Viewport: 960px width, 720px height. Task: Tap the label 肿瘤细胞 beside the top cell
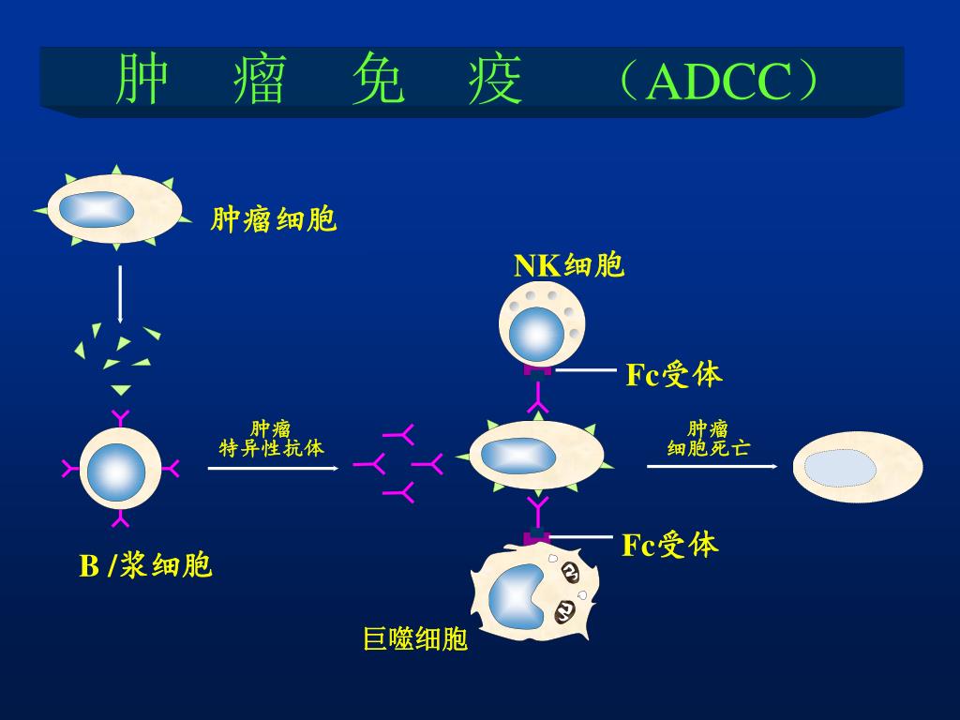tap(274, 220)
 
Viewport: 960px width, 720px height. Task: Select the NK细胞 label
tap(569, 266)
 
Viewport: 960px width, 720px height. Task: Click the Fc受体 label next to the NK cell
tap(674, 375)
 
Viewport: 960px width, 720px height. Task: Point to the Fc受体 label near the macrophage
tap(670, 544)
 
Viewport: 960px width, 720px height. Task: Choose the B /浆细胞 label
tap(145, 566)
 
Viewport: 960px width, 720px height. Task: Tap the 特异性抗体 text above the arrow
tap(271, 448)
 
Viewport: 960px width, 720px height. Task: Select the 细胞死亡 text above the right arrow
tap(708, 448)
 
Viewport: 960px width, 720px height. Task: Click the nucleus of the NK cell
tap(536, 335)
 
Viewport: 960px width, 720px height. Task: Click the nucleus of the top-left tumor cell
tap(91, 209)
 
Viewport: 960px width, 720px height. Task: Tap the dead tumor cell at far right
tap(857, 469)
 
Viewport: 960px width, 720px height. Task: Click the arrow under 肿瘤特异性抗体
tap(272, 467)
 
